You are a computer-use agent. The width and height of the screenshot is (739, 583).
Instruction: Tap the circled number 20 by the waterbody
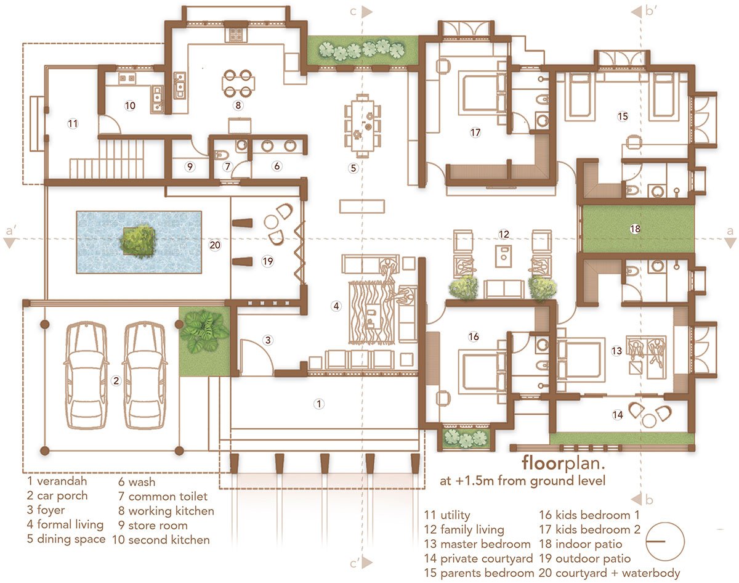[215, 245]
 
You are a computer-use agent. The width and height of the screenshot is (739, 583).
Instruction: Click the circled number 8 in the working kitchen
[238, 105]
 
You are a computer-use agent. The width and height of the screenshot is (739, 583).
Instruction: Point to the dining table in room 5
[361, 125]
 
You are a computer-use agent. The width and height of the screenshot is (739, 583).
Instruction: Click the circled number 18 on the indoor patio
[635, 229]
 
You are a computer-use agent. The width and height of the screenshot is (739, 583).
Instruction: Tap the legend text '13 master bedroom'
[477, 544]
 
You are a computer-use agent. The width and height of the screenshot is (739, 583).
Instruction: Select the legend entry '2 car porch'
[57, 495]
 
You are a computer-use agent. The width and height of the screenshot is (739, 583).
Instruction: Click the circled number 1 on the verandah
[318, 404]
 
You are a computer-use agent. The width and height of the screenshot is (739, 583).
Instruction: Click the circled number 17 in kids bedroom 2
[474, 132]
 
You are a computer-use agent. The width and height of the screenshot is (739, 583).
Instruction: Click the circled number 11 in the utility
[73, 124]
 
